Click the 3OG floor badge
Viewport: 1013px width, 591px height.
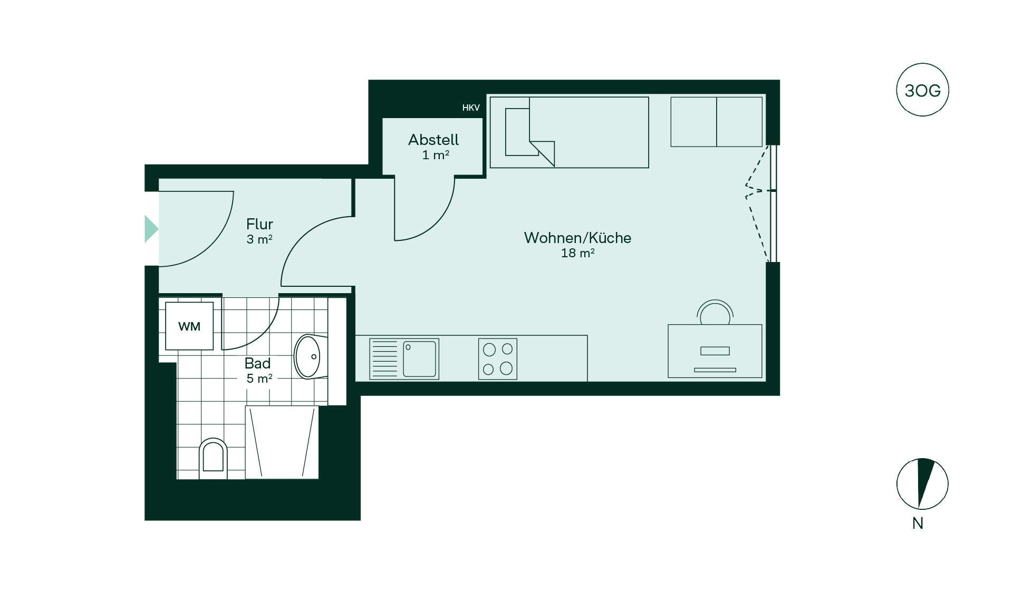point(922,90)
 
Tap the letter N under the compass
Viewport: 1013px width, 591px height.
point(918,523)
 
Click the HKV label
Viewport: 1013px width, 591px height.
point(471,108)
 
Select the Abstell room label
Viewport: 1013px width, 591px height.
point(433,140)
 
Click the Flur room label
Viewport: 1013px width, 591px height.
point(259,224)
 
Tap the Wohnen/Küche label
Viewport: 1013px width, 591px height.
point(577,238)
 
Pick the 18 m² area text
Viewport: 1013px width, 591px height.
point(577,253)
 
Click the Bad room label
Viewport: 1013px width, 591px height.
point(257,363)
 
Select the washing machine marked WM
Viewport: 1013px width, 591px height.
point(189,326)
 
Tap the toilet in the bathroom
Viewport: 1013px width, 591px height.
point(213,458)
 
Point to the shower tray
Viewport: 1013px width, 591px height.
point(282,442)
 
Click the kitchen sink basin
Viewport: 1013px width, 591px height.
point(420,359)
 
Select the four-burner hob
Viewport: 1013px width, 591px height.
point(498,359)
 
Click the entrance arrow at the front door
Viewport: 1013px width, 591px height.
point(151,229)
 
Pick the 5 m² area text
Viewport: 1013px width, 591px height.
point(259,378)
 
